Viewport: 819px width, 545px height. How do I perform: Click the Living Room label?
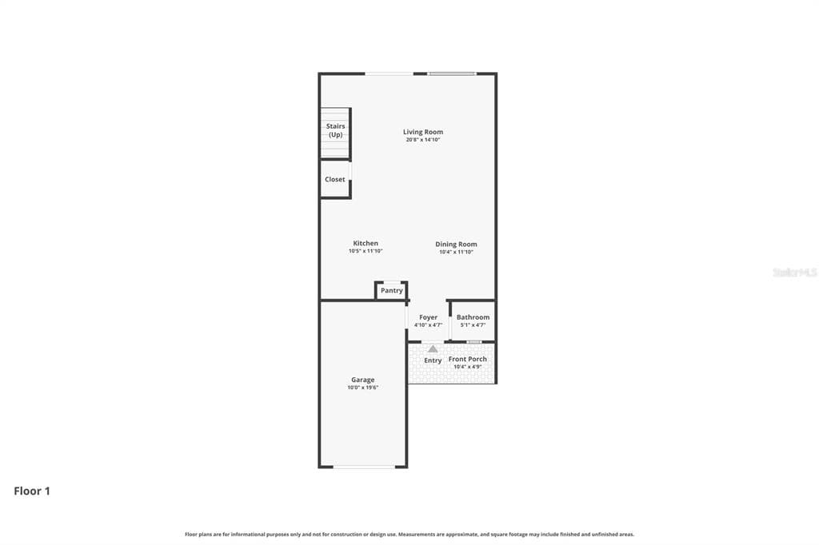coord(422,132)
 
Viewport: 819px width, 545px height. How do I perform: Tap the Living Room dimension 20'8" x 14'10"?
coord(422,140)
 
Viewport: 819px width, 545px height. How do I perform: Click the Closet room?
coord(335,179)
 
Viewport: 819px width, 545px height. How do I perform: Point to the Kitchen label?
coord(366,243)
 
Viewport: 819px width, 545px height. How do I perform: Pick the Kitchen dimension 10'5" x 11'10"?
coord(366,251)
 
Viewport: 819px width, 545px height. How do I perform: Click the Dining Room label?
coord(456,244)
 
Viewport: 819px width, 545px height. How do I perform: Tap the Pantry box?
coord(392,290)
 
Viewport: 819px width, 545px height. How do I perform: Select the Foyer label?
coord(428,317)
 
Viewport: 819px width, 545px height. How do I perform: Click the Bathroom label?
coord(473,317)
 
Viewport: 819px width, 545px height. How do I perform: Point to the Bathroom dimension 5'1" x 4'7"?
coord(473,325)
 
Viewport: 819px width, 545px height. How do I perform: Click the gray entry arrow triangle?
coord(433,348)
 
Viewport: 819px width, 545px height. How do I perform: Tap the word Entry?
coord(433,360)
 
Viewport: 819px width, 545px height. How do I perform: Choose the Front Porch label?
coord(468,360)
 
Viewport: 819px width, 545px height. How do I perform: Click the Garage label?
coord(362,380)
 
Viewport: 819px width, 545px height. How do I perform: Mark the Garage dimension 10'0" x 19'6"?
coord(362,388)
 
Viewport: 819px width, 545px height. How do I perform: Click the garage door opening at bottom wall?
coord(364,467)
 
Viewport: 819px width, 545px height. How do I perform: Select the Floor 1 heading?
coord(32,491)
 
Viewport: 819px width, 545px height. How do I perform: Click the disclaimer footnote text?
coord(409,534)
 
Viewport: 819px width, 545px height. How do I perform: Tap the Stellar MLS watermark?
coord(794,272)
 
